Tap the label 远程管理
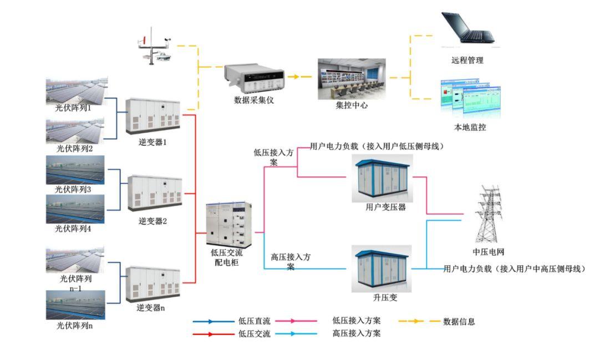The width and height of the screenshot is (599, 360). [x=467, y=60]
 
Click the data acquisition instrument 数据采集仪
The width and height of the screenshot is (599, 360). [x=254, y=78]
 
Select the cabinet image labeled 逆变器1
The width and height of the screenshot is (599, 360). [x=153, y=116]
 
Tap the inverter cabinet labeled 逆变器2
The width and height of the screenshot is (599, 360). [x=155, y=193]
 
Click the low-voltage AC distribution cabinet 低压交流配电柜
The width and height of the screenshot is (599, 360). [x=228, y=225]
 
